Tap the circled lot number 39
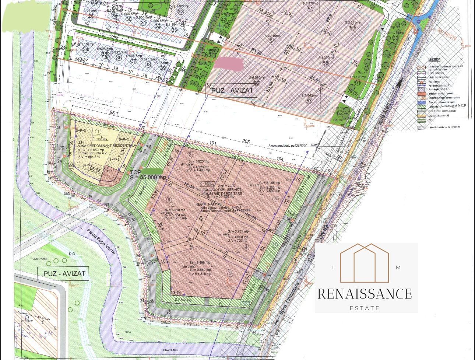tap(163, 67)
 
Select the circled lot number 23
tap(180, 12)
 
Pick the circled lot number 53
tap(352, 28)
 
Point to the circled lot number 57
tap(309, 100)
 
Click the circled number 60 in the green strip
tap(395, 38)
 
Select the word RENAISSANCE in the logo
tap(365, 294)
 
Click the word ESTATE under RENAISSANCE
tap(365, 308)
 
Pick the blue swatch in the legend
tap(421, 101)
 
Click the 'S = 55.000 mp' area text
tap(147, 178)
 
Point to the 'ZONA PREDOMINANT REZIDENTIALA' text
tap(106, 146)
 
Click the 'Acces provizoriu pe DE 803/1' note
tap(292, 146)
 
